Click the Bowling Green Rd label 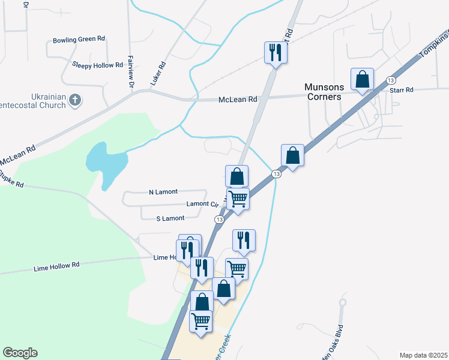tap(79, 40)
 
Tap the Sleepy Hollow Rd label tap(93, 64)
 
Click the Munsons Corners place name tap(323, 92)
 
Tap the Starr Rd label tap(402, 90)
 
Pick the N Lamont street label tap(163, 192)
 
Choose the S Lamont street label tap(170, 218)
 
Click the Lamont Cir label tap(202, 204)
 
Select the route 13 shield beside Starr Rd tap(391, 80)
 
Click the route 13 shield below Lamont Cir tap(219, 220)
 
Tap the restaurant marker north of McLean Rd tap(276, 52)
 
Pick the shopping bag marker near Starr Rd tap(363, 79)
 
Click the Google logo tap(20, 353)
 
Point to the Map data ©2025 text tap(423, 355)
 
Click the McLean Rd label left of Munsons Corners tap(238, 99)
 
